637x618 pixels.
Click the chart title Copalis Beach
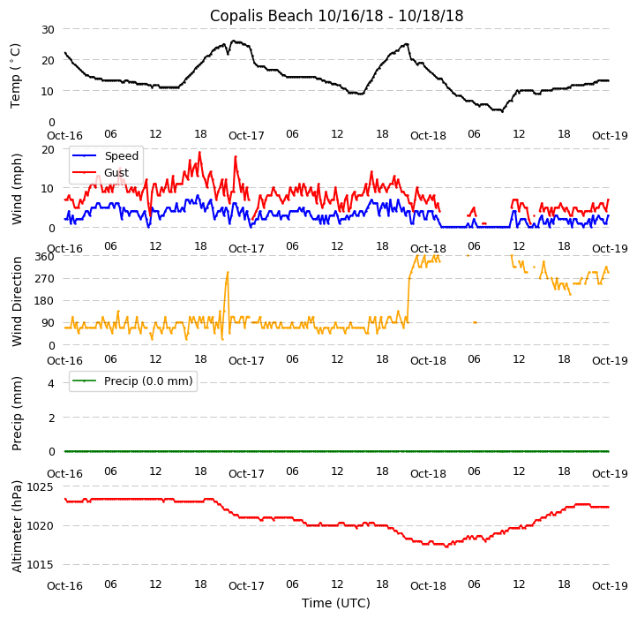[336, 16]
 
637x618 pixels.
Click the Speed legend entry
[121, 156]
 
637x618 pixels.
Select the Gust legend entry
[116, 172]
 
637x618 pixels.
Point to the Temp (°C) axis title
[16, 75]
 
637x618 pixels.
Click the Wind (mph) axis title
[16, 188]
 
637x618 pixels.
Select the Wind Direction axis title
[16, 301]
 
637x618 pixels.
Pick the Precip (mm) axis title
[16, 413]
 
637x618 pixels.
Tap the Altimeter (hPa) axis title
[16, 526]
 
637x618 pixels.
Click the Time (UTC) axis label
[336, 604]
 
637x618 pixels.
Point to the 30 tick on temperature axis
[48, 29]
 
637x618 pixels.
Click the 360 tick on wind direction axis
[44, 257]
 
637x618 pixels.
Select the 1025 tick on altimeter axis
[41, 486]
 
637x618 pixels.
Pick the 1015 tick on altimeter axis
[41, 565]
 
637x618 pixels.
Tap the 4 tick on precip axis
[51, 383]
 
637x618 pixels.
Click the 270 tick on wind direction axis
[44, 279]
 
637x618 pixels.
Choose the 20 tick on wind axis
[48, 149]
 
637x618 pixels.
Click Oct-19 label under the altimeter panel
[610, 585]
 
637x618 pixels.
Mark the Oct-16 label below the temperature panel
[64, 135]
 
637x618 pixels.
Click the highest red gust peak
[199, 152]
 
